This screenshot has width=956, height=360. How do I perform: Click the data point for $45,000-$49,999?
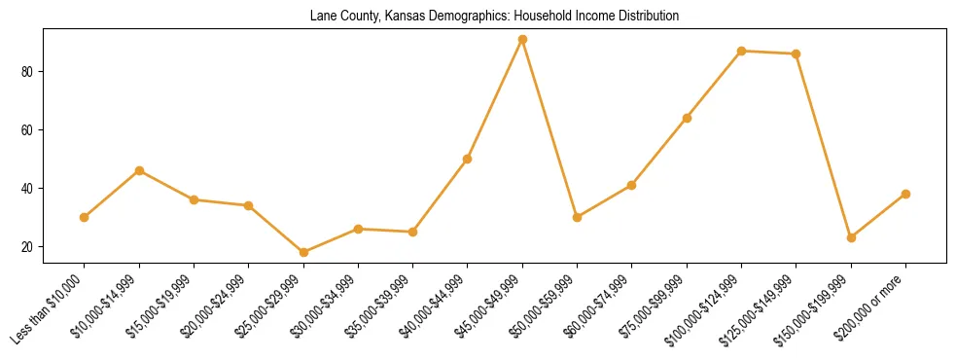[522, 40]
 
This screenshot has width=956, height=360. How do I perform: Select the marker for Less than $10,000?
[85, 217]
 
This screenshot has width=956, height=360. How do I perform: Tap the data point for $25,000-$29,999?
[303, 252]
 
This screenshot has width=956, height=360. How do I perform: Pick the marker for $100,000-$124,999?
[742, 51]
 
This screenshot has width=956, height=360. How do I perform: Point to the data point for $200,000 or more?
[905, 194]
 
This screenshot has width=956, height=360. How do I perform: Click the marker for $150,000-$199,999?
[851, 237]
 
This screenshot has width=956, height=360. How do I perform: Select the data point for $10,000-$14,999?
[139, 170]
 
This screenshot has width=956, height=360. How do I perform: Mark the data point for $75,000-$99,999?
[687, 118]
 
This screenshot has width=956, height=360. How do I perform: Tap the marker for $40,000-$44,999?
[468, 159]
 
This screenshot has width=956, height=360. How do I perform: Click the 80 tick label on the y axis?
[28, 72]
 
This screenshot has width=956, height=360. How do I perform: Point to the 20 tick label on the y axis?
[28, 247]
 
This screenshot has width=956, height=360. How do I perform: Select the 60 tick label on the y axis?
[28, 130]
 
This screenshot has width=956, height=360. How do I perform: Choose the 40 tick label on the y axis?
[28, 189]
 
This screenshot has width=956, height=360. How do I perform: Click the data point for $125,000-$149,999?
[797, 54]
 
